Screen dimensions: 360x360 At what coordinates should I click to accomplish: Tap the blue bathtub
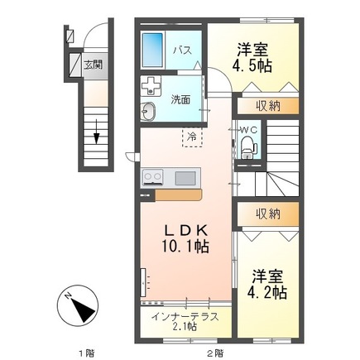point(153,51)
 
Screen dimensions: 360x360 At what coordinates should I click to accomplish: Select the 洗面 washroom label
point(180,99)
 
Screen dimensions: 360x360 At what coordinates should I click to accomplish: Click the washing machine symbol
point(151,85)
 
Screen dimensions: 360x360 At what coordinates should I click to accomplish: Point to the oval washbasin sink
point(151,113)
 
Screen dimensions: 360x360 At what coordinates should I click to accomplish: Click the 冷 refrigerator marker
point(191,136)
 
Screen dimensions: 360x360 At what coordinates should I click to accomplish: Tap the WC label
point(249,130)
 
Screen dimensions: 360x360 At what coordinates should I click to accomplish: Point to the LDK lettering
point(181,229)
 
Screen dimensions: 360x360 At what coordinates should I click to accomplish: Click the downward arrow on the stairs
point(97,129)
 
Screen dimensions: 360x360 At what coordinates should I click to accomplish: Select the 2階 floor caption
point(214,353)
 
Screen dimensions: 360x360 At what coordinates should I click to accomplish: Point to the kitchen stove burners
point(155,176)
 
